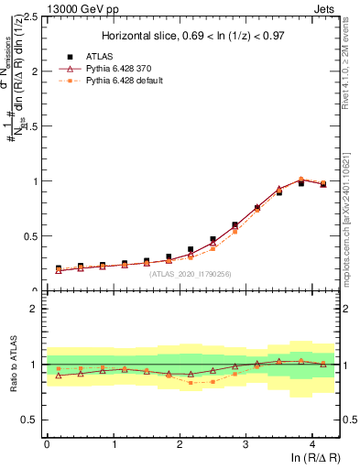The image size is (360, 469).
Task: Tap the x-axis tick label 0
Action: click(x=47, y=444)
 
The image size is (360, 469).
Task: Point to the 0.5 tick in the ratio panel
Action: click(x=28, y=420)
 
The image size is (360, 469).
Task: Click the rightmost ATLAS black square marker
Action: click(x=322, y=184)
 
